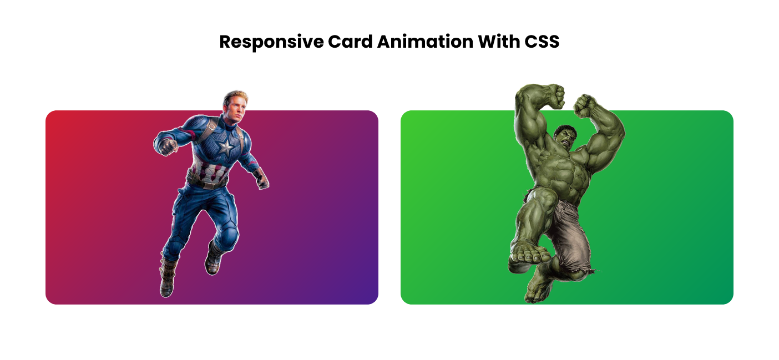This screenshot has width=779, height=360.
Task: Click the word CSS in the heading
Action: coord(542,42)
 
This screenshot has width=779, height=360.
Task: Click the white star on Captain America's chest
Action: coord(225,148)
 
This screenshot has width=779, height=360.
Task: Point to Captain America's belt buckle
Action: coord(209,184)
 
